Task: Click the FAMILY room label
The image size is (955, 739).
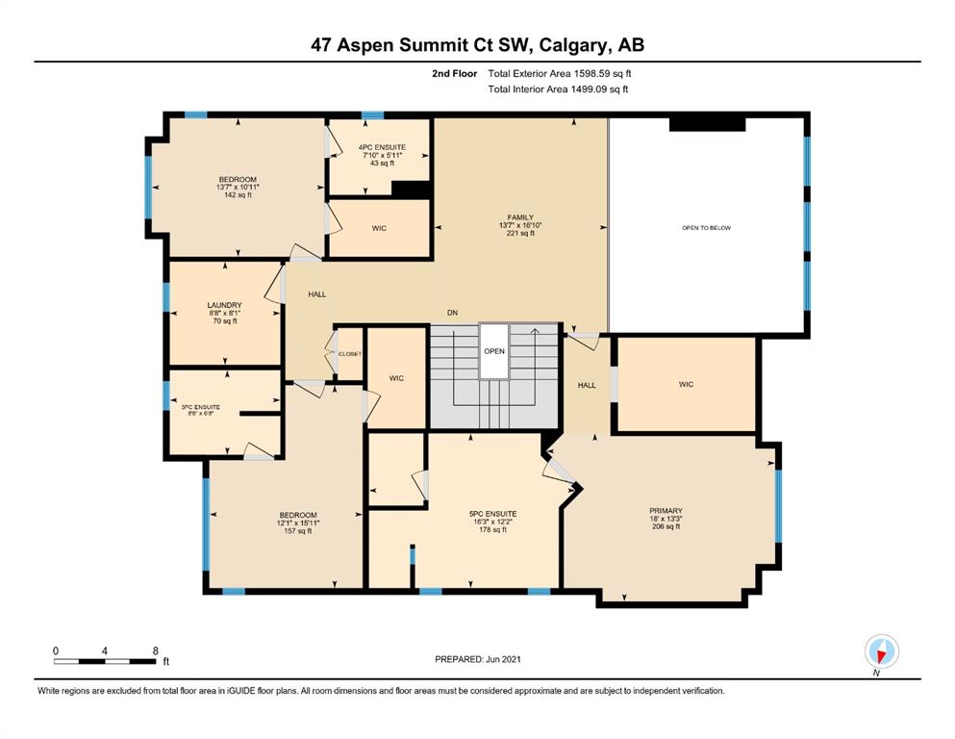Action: [520, 217]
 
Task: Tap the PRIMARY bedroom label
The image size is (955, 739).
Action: [666, 511]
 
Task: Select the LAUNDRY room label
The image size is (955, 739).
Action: [225, 305]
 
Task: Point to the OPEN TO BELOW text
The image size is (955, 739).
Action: [707, 228]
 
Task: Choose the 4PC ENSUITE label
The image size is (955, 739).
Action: [382, 147]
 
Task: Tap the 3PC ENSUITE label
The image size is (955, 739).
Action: [200, 407]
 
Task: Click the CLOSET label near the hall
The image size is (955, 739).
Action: [350, 354]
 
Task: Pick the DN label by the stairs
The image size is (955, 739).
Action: [453, 313]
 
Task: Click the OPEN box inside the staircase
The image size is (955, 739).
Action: [494, 351]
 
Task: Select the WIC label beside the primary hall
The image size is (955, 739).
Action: [686, 385]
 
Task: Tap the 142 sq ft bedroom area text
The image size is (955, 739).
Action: [238, 195]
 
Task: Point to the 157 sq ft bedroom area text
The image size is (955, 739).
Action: [298, 530]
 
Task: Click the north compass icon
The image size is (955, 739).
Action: [881, 651]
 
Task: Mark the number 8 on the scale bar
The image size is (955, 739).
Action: [156, 650]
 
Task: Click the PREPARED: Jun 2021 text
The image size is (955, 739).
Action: [477, 659]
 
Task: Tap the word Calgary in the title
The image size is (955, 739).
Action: [573, 45]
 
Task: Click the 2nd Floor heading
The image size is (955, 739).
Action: [454, 74]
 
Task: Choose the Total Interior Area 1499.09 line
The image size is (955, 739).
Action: [558, 89]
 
